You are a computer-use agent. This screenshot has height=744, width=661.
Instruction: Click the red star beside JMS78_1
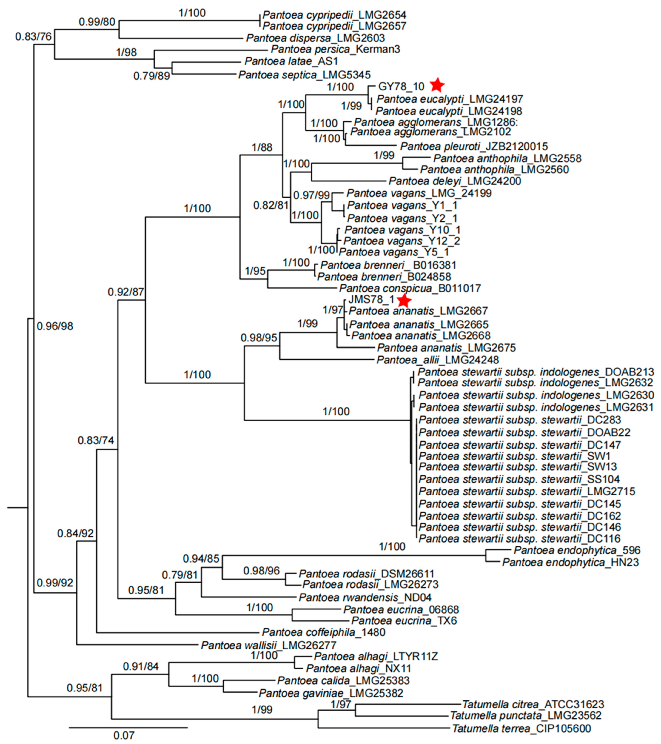pyautogui.click(x=404, y=301)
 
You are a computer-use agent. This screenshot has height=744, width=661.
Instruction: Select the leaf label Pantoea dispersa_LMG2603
pyautogui.click(x=315, y=38)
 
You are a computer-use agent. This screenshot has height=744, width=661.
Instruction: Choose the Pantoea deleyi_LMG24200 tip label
pyautogui.click(x=455, y=181)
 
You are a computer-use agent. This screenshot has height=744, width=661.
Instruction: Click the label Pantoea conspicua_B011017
pyautogui.click(x=410, y=288)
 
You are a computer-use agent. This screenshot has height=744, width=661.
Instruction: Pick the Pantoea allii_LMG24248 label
pyautogui.click(x=437, y=360)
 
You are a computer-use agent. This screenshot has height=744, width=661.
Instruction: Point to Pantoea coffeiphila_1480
pyautogui.click(x=323, y=632)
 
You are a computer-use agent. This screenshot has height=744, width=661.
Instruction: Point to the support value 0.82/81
pyautogui.click(x=271, y=205)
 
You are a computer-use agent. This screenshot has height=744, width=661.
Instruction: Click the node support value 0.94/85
pyautogui.click(x=201, y=558)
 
